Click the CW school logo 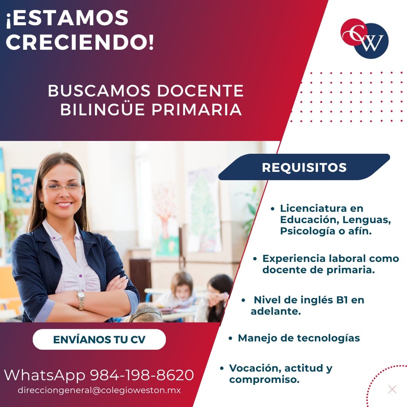(x=364, y=38)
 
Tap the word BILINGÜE (x=102, y=109)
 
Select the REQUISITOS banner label (x=304, y=167)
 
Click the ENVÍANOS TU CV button (x=99, y=340)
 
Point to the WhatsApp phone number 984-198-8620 (x=142, y=375)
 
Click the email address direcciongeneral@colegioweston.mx (x=99, y=390)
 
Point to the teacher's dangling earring (x=42, y=207)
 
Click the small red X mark (x=392, y=390)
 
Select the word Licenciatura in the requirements (x=313, y=208)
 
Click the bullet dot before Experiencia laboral (x=255, y=259)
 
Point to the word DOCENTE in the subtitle (x=200, y=91)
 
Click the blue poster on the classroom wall (x=23, y=185)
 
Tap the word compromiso (x=264, y=380)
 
